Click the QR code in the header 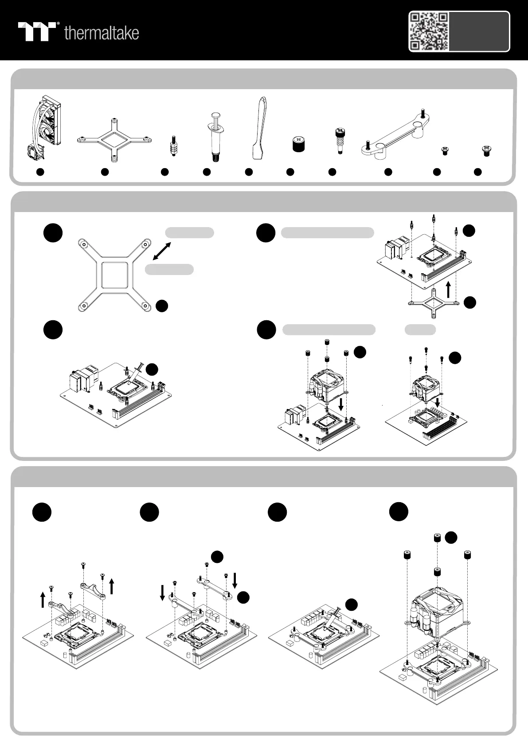[429, 31]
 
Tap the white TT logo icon [37, 31]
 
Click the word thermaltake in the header [102, 33]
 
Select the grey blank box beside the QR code [479, 31]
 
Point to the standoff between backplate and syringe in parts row [173, 146]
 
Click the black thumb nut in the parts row [299, 144]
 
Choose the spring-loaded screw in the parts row [340, 141]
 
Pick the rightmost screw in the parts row [487, 151]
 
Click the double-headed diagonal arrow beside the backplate [162, 251]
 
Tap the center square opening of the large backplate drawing [115, 275]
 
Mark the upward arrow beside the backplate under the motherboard [449, 289]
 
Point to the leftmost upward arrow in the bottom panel [43, 600]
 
